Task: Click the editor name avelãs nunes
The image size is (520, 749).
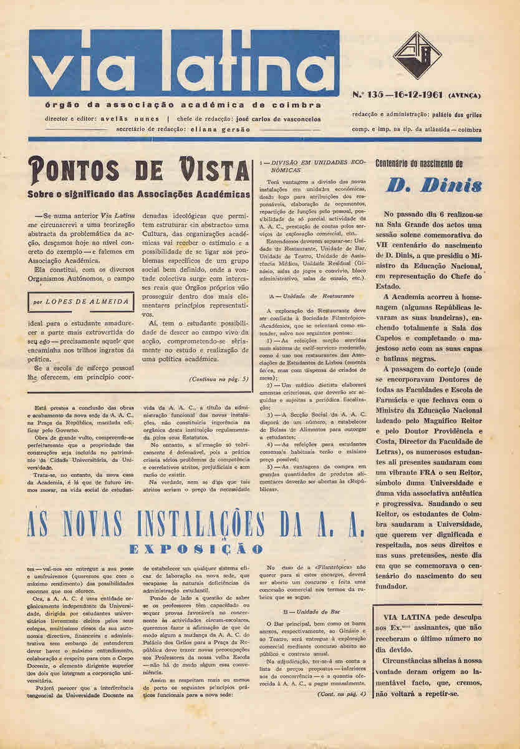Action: point(132,117)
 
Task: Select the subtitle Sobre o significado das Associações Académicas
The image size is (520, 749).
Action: point(138,194)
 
